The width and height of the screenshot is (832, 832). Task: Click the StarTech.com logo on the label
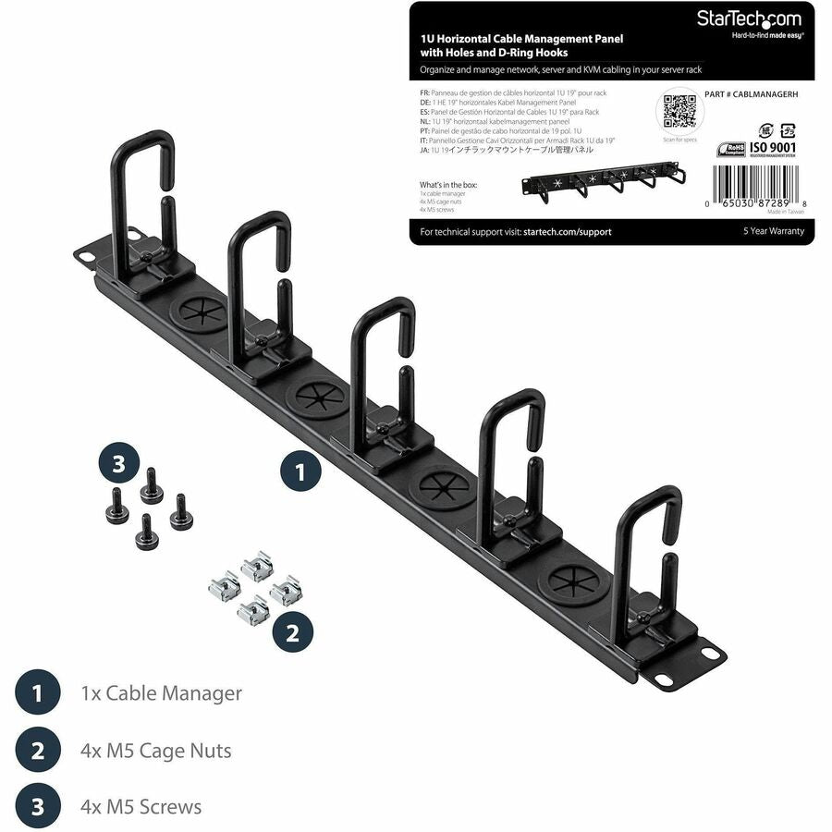coord(754,18)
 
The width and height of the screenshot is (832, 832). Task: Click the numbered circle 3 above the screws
coord(118,465)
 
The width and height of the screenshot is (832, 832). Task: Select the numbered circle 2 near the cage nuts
coord(292,633)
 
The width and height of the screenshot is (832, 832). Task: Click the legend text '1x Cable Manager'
coord(161,692)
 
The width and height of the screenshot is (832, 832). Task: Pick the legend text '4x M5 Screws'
coord(141,806)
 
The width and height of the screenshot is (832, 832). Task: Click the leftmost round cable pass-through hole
coord(199,312)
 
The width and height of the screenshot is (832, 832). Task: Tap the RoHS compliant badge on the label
coord(733,149)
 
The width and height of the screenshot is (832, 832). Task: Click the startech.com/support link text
coord(567,232)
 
